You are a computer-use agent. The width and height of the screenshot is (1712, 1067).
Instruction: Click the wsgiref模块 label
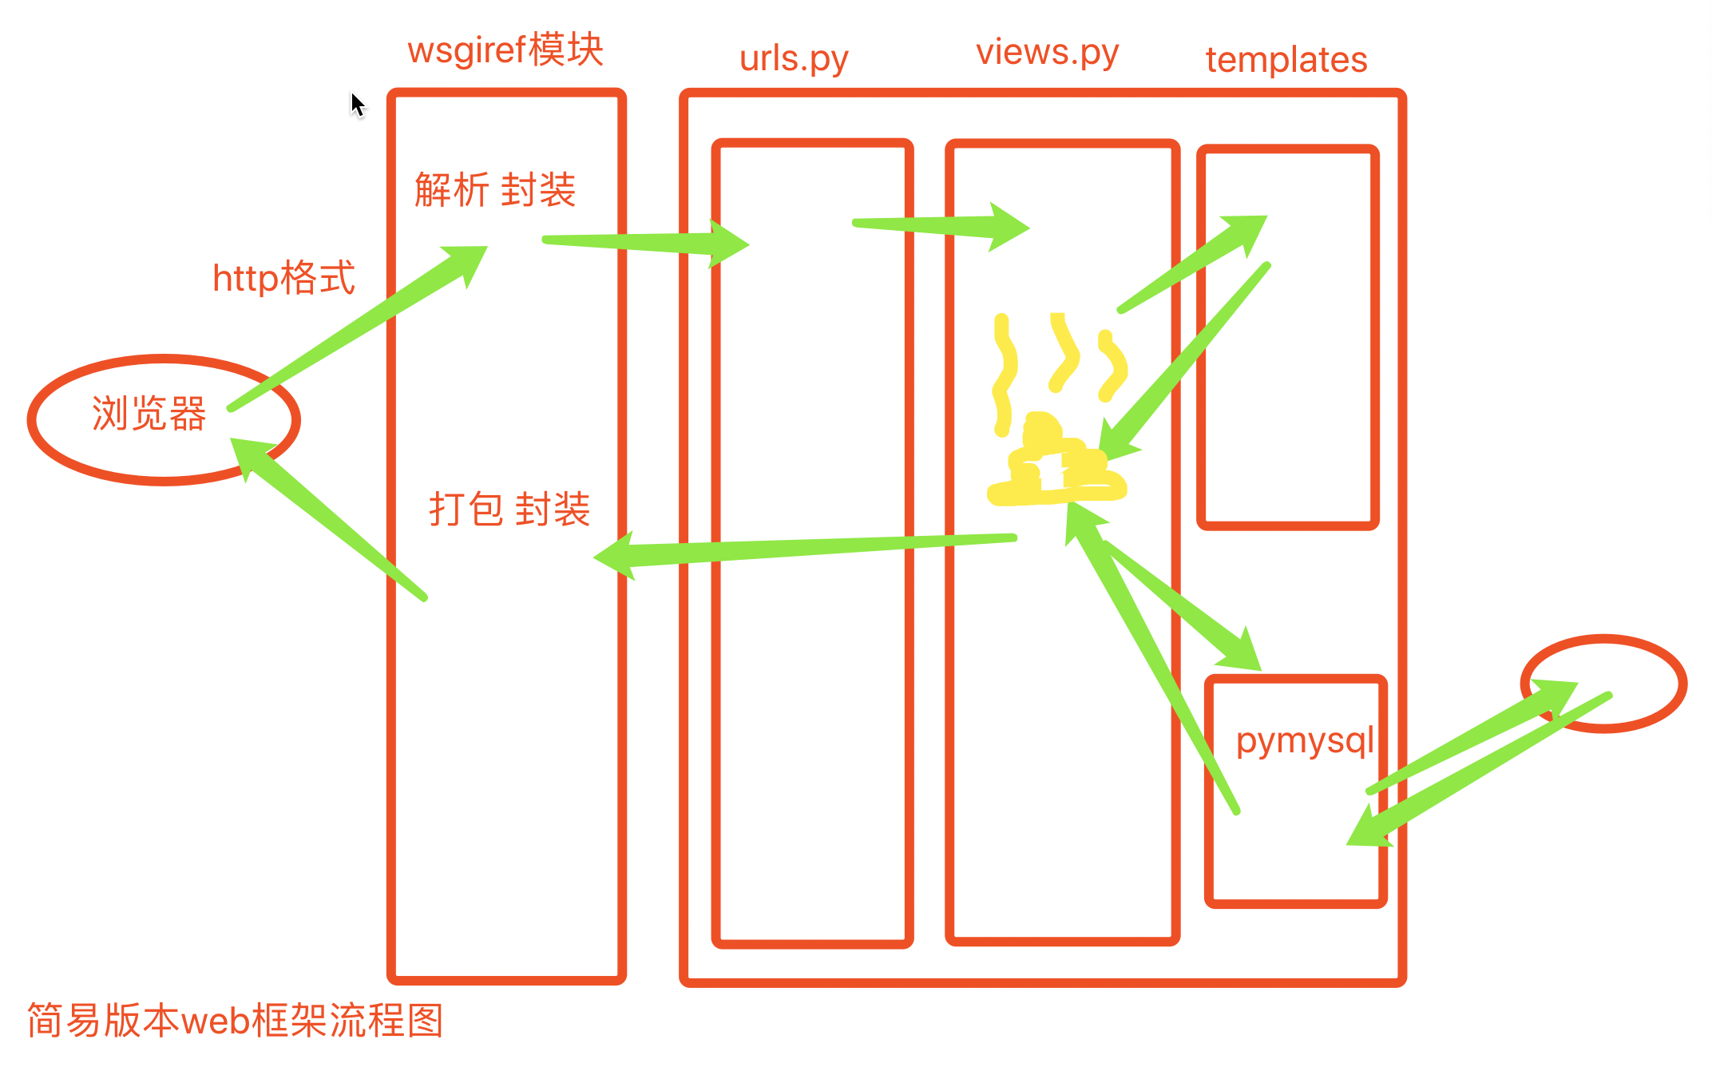tap(505, 50)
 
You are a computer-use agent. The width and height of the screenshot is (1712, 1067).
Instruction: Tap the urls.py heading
tap(794, 59)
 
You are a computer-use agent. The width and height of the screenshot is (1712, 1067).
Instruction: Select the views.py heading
tap(1047, 53)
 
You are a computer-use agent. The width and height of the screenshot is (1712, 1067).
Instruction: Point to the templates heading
tap(1286, 60)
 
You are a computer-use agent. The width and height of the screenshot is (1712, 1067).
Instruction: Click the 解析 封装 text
tap(495, 190)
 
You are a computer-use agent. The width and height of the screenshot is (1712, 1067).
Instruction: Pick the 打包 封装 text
tap(509, 509)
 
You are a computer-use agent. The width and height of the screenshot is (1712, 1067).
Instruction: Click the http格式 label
tap(283, 278)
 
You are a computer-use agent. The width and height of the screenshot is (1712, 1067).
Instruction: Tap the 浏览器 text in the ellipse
tap(149, 414)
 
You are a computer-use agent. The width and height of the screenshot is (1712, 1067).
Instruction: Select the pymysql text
tap(1305, 741)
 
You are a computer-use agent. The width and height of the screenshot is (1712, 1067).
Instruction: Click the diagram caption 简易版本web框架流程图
tap(236, 1020)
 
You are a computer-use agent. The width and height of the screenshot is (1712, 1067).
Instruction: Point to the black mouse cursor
tap(357, 105)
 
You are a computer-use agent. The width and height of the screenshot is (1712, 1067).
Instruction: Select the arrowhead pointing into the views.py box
tap(1009, 227)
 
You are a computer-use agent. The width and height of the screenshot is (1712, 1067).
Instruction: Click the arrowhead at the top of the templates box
tap(1246, 233)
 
